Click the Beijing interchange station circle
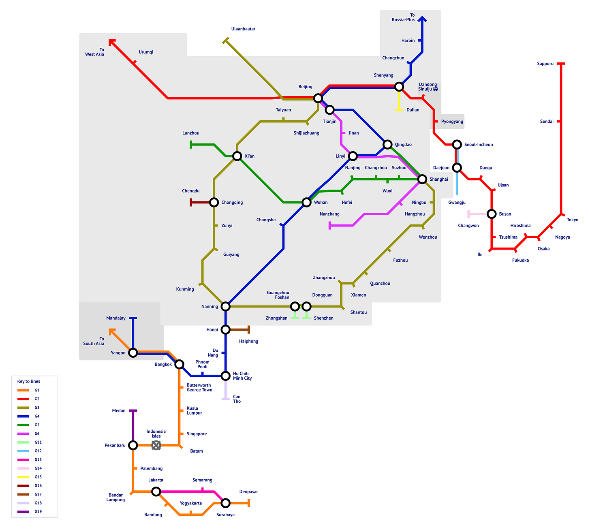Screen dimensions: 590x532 coord(318,98)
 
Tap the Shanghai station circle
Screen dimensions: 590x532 coord(422,179)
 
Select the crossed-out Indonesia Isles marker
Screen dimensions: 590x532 coord(156,445)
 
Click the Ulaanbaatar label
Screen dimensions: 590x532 coord(243,29)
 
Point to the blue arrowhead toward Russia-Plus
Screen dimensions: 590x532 coord(422,19)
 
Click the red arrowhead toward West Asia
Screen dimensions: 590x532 coord(111,42)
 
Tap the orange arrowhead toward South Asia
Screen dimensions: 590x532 coord(111,331)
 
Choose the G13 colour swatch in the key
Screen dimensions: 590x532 coord(23,459)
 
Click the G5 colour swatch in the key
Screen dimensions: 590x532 coord(23,425)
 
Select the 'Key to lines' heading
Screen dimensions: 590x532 coord(29,381)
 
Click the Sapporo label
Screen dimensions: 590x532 coord(545,64)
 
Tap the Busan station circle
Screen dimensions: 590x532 coord(492,214)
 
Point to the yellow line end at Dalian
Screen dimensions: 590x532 coord(399,109)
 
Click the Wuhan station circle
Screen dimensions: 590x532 coord(306,202)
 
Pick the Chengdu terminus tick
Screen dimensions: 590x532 coord(191,202)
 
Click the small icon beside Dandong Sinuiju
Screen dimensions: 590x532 coord(436,89)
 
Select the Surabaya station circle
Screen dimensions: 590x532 coord(225,503)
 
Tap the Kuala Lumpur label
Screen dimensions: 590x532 coord(194,410)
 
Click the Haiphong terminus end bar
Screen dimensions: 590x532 coord(248,329)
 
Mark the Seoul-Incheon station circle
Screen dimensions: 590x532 coord(457,145)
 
